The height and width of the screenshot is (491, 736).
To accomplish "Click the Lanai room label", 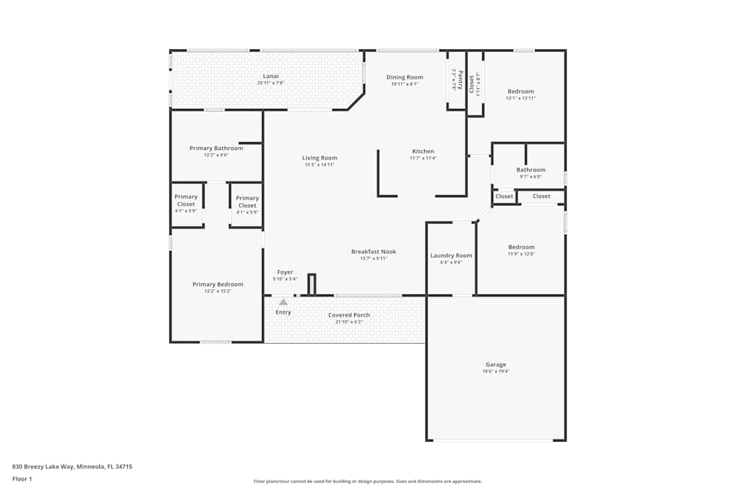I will pyautogui.click(x=271, y=76).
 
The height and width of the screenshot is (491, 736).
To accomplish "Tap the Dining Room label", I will pyautogui.click(x=405, y=77).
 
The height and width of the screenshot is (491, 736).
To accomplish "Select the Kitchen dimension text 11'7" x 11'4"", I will pyautogui.click(x=423, y=158).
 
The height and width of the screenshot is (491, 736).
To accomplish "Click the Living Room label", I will pyautogui.click(x=319, y=158).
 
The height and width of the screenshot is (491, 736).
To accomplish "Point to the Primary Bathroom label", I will pyautogui.click(x=216, y=148).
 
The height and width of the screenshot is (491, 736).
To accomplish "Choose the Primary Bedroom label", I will pyautogui.click(x=218, y=284).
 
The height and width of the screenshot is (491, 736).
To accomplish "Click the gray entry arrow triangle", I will pyautogui.click(x=283, y=301).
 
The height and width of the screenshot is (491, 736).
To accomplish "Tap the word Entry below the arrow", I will pyautogui.click(x=283, y=312).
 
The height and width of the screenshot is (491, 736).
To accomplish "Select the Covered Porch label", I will pyautogui.click(x=349, y=315).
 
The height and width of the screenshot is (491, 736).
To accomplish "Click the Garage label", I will pyautogui.click(x=495, y=364).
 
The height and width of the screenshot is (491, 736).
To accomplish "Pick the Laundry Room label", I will pyautogui.click(x=451, y=255).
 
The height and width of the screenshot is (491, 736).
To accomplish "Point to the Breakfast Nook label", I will pyautogui.click(x=374, y=252).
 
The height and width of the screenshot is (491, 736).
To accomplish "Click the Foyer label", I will pyautogui.click(x=285, y=272).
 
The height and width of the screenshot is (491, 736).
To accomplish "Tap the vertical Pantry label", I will pyautogui.click(x=460, y=78).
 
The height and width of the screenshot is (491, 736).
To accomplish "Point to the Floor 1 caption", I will pyautogui.click(x=23, y=478).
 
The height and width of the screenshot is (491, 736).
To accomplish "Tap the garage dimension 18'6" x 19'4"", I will pyautogui.click(x=495, y=372).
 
